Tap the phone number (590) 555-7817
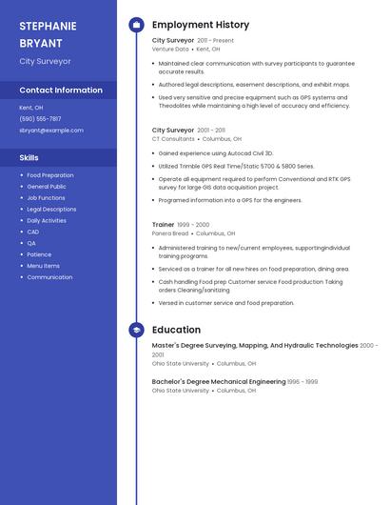40,119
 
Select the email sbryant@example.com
51,131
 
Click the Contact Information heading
61,91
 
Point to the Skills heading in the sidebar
29,157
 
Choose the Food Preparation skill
50,175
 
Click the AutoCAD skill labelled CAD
33,232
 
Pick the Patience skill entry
39,254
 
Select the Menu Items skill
43,266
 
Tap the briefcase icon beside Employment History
136,25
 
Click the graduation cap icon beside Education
136,330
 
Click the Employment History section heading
201,25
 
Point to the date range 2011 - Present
215,41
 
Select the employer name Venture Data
170,49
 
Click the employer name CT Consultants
173,138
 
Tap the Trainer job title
163,225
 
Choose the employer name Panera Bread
170,233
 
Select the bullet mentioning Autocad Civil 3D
216,152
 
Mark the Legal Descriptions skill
51,210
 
